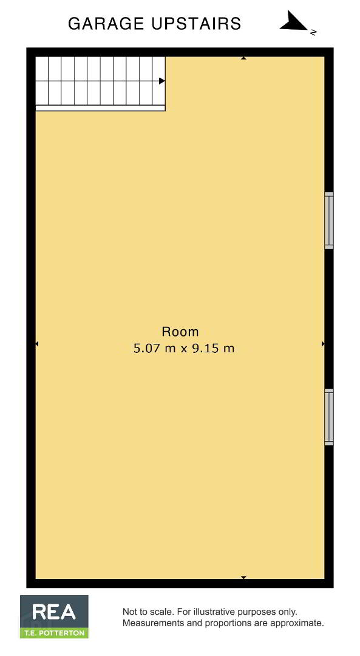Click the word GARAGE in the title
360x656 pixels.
click(x=107, y=24)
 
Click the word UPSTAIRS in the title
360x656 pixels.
click(x=196, y=24)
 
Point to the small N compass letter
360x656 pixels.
click(x=313, y=32)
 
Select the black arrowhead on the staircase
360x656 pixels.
click(x=162, y=81)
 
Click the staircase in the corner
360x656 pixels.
click(x=100, y=84)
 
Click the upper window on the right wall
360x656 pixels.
click(x=329, y=220)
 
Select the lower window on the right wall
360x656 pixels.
click(x=329, y=417)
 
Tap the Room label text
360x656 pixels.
click(x=180, y=332)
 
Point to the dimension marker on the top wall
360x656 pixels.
click(x=243, y=58)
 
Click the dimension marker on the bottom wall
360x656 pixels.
click(x=243, y=578)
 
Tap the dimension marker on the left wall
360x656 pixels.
click(x=37, y=344)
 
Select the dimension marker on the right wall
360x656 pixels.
click(x=323, y=344)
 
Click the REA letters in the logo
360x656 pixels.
click(x=54, y=612)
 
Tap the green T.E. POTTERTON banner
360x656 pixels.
click(x=55, y=633)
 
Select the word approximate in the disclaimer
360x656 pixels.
click(x=297, y=624)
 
